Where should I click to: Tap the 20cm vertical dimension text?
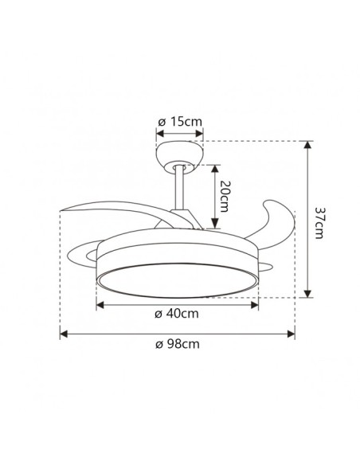226,196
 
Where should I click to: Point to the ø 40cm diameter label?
177,314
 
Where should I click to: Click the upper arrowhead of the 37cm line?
307,144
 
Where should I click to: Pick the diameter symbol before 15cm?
161,121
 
